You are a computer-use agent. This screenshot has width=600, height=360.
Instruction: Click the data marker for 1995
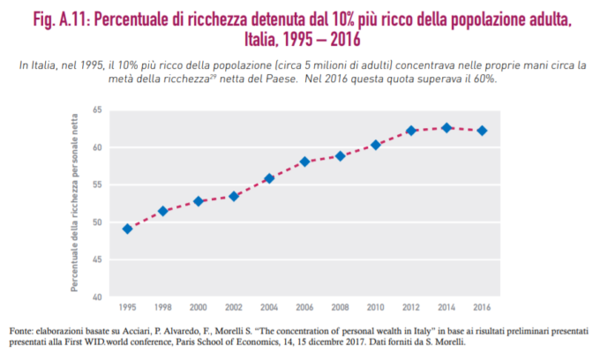pos(128,229)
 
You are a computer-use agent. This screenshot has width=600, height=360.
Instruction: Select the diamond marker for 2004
pos(269,178)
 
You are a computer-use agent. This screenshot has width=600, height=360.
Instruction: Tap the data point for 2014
pos(446,128)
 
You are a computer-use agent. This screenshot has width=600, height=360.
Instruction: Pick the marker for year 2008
pos(341,156)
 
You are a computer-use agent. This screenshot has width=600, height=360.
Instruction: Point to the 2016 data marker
pos(482,131)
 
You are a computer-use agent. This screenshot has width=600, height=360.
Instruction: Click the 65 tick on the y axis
pos(97,110)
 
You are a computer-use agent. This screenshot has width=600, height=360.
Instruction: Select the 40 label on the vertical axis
pos(97,296)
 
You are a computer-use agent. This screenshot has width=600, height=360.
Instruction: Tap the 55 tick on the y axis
pos(97,184)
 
